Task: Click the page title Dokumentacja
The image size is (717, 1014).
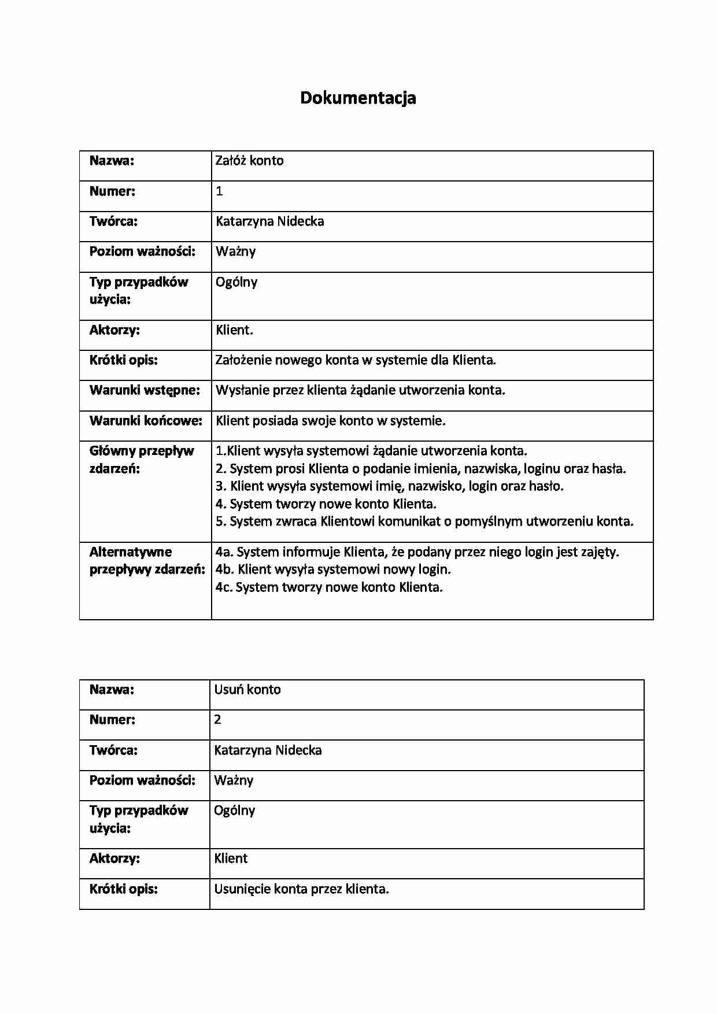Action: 358,98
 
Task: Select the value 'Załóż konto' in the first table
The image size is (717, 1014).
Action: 249,161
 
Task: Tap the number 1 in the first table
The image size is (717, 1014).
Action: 219,191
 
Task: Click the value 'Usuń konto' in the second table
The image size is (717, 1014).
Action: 247,690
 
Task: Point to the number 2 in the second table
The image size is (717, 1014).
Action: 217,720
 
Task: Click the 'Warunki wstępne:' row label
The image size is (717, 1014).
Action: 145,390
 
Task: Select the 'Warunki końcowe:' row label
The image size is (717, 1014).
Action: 146,421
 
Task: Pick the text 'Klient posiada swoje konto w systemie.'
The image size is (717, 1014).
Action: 330,421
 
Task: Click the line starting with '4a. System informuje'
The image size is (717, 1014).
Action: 417,552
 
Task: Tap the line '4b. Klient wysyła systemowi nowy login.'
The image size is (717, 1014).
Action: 333,569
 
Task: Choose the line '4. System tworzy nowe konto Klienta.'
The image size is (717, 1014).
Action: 326,504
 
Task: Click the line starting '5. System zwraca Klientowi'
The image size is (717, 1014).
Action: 424,521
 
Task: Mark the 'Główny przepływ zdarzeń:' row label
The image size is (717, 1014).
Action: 142,460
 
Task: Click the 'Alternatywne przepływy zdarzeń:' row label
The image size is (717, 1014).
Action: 147,561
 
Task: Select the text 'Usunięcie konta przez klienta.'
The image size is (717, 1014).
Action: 301,889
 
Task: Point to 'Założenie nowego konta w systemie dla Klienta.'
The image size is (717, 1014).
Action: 356,360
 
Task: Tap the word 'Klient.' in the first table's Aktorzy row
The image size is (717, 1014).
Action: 234,330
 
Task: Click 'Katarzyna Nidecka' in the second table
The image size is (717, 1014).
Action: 268,750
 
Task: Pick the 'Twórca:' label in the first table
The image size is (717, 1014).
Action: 113,221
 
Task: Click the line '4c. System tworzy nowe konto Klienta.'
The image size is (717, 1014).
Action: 329,587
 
